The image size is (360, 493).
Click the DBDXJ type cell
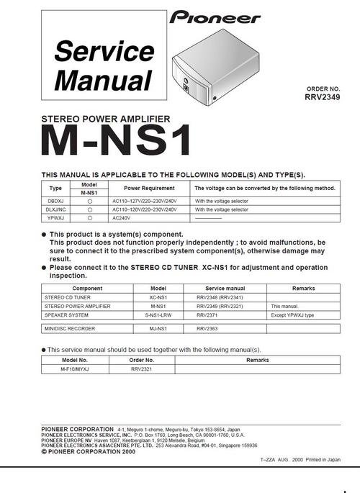click(55, 201)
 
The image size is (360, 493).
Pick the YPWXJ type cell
click(55, 217)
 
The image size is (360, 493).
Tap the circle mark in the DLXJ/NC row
click(89, 209)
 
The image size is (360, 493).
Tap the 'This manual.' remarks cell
click(284, 306)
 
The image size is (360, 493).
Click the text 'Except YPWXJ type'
click(295, 315)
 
